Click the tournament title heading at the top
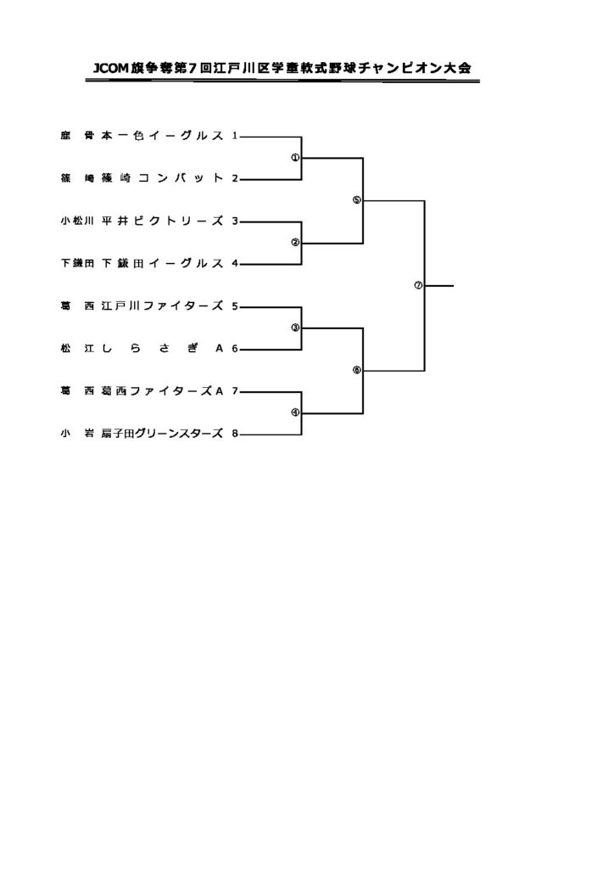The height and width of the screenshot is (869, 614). pyautogui.click(x=283, y=67)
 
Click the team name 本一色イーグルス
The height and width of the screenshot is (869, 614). pyautogui.click(x=162, y=136)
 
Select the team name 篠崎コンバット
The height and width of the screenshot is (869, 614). pyautogui.click(x=162, y=178)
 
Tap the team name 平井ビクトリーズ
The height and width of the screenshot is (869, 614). pyautogui.click(x=162, y=221)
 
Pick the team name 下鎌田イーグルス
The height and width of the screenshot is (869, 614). pyautogui.click(x=162, y=263)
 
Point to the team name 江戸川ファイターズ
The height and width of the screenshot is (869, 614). pyautogui.click(x=162, y=306)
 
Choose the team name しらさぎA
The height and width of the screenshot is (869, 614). pyautogui.click(x=162, y=348)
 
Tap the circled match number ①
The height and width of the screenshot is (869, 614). pyautogui.click(x=295, y=157)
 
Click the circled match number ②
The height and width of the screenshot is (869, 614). pyautogui.click(x=295, y=242)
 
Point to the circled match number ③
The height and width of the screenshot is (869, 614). pyautogui.click(x=295, y=328)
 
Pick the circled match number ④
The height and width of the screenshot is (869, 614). pyautogui.click(x=295, y=412)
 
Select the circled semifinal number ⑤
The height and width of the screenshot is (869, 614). pyautogui.click(x=356, y=200)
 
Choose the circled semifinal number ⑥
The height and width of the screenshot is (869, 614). pyautogui.click(x=356, y=370)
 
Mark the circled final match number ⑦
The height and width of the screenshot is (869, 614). pyautogui.click(x=417, y=285)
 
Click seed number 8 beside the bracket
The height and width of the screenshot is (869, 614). pyautogui.click(x=235, y=434)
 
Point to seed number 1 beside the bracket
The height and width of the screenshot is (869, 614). pyautogui.click(x=234, y=136)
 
